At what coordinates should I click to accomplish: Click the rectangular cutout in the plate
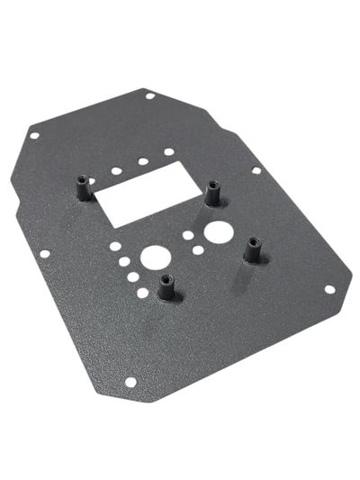[144, 197]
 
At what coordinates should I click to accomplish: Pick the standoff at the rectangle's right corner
[213, 193]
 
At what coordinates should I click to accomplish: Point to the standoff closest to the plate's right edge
[253, 249]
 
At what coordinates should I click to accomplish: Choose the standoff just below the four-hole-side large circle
[166, 287]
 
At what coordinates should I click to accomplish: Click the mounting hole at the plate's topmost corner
[148, 95]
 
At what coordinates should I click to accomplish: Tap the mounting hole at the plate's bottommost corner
[130, 382]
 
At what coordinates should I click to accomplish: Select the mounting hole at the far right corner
[329, 290]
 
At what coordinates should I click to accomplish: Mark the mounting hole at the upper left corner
[34, 136]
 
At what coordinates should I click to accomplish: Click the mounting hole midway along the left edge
[45, 254]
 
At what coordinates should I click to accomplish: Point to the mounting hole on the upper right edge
[256, 169]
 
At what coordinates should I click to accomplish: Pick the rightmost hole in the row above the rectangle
[169, 151]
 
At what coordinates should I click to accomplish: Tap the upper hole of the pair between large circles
[187, 236]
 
